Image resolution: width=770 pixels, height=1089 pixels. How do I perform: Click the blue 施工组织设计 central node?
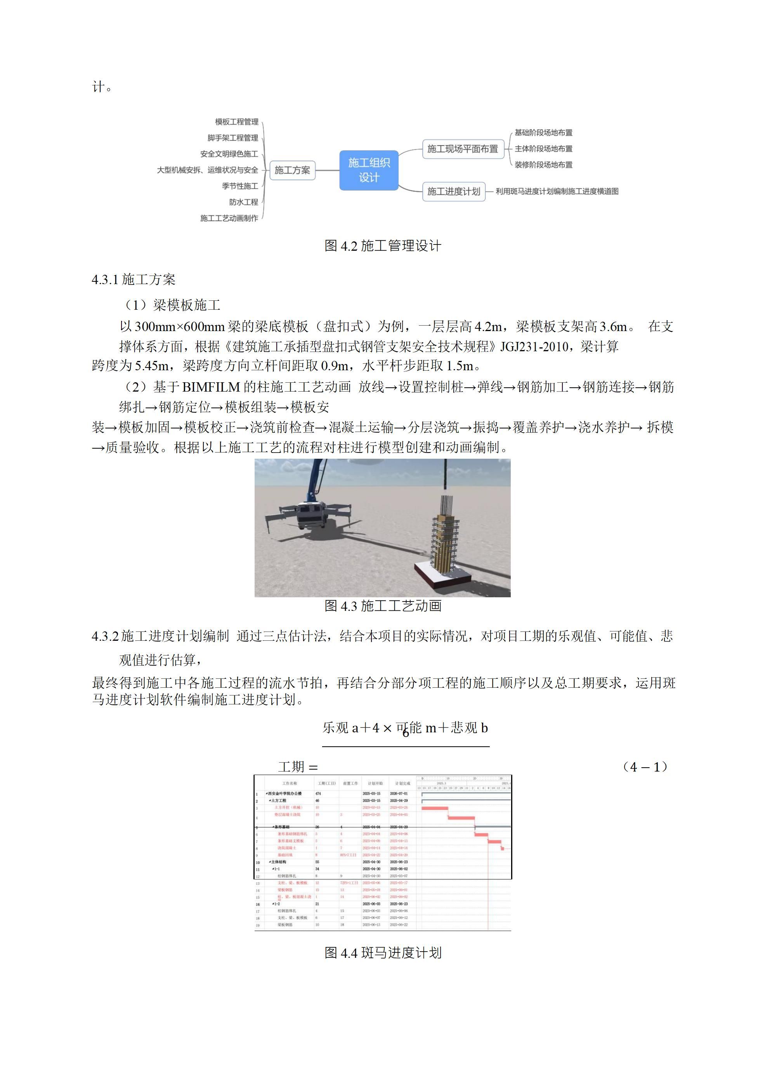tap(369, 170)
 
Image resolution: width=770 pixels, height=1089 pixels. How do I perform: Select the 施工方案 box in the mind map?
tap(292, 170)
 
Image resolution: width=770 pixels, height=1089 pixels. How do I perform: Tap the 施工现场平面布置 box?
tap(462, 149)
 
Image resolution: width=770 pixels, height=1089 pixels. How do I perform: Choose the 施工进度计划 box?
tap(454, 192)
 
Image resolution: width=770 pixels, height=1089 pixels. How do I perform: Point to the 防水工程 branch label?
tap(243, 203)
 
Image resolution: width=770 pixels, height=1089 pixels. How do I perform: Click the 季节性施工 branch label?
tap(240, 186)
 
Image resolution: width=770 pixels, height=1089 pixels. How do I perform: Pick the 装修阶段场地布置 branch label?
tap(543, 165)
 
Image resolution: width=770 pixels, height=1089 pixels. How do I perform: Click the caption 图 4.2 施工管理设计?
tap(383, 246)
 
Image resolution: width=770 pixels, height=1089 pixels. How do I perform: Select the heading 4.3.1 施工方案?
tap(134, 279)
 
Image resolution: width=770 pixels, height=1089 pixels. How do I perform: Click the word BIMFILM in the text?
tap(211, 387)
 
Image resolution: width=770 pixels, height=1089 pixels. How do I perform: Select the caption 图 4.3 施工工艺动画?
tap(383, 606)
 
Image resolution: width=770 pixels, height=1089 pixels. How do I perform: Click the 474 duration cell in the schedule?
tap(318, 794)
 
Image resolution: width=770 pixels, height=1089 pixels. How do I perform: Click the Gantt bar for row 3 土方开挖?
tap(435, 808)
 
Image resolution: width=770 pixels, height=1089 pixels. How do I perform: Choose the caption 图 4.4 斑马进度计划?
tap(383, 953)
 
